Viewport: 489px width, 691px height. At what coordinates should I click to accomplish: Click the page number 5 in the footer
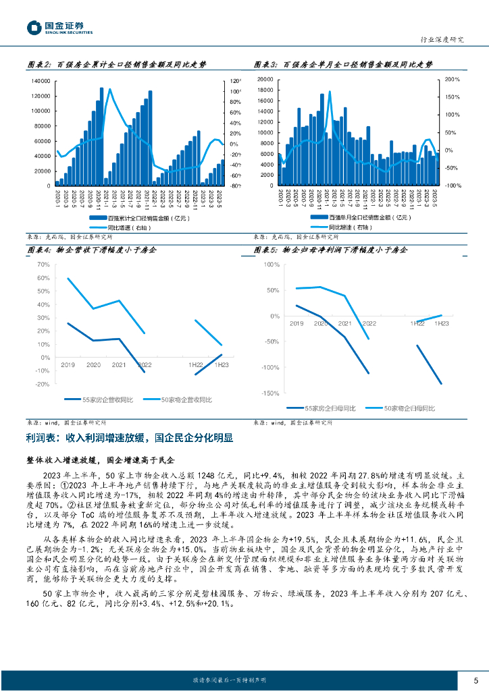pos(476,680)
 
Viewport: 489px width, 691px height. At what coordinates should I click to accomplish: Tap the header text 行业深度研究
pos(442,40)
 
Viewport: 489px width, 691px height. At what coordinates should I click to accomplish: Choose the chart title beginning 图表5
pos(330,250)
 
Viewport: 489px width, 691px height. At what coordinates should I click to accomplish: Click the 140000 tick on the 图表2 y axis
pos(41,80)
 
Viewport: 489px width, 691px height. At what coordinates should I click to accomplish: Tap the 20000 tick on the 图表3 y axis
pos(265,80)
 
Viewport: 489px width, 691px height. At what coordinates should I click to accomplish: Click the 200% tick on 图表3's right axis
pos(453,80)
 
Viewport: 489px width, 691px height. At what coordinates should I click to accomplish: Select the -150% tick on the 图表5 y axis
pos(270,393)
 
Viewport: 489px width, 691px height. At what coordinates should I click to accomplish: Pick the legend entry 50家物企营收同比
pos(186,400)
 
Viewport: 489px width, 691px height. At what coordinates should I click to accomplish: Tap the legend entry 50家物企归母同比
pos(409,408)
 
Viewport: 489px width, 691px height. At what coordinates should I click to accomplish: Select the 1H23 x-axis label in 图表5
pos(441,324)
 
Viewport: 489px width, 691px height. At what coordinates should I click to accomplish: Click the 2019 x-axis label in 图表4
pos(68,365)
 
